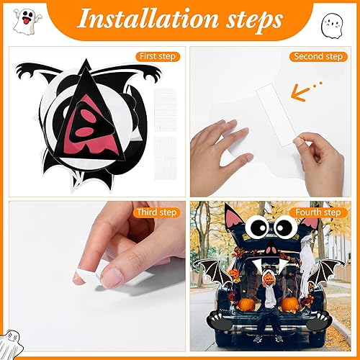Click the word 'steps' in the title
point(256,19)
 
